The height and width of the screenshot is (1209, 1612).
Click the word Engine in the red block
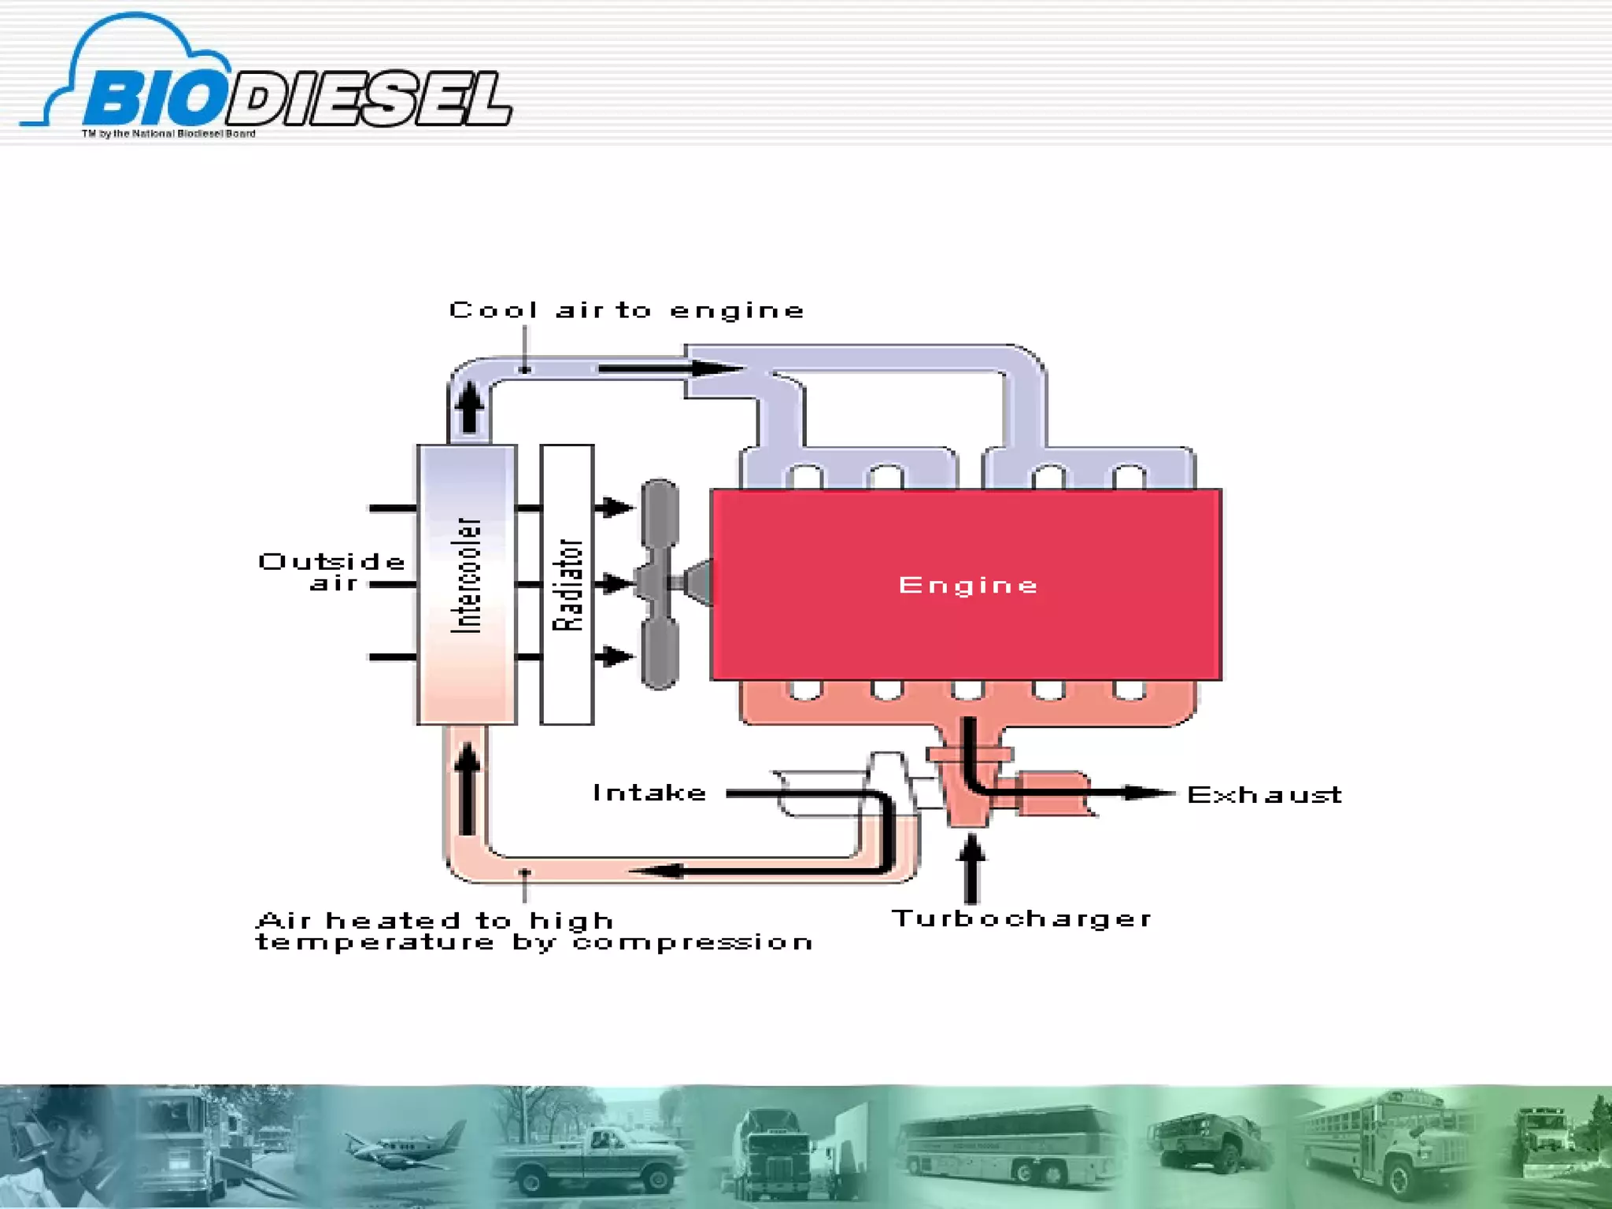[967, 586]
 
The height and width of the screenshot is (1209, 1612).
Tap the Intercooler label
[466, 575]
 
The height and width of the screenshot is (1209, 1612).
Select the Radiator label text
[568, 585]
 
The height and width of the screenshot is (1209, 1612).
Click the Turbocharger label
[1021, 919]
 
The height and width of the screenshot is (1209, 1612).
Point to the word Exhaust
[1264, 795]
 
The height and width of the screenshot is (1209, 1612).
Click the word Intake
[649, 793]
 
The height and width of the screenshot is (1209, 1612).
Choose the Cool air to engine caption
[627, 311]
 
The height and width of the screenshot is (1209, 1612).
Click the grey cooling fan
[660, 584]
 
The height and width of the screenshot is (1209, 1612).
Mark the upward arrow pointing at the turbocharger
[972, 866]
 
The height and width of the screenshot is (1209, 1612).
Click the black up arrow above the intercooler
[470, 405]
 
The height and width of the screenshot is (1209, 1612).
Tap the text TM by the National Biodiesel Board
[168, 134]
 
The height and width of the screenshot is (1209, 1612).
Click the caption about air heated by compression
[534, 931]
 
